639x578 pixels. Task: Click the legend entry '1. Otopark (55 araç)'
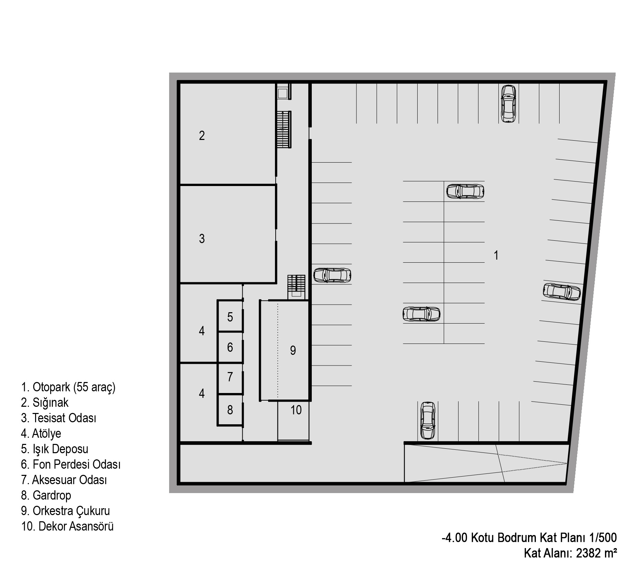pyautogui.click(x=68, y=387)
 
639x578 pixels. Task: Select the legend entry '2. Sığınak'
pyautogui.click(x=45, y=403)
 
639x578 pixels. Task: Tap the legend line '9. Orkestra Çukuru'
pyautogui.click(x=65, y=511)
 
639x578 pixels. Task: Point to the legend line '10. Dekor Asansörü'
pyautogui.click(x=67, y=526)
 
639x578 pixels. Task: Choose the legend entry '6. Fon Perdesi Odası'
pyautogui.click(x=71, y=465)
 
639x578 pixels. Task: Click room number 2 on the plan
pyautogui.click(x=202, y=136)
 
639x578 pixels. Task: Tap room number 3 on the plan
pyautogui.click(x=202, y=239)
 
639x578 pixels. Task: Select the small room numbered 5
pyautogui.click(x=230, y=317)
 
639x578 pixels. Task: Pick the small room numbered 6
pyautogui.click(x=230, y=347)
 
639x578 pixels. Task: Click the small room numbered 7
pyautogui.click(x=230, y=377)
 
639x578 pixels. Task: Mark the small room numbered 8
pyautogui.click(x=230, y=410)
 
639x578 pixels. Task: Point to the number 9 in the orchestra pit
pyautogui.click(x=293, y=350)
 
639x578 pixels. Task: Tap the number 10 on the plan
pyautogui.click(x=296, y=410)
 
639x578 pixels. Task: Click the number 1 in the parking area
pyautogui.click(x=496, y=255)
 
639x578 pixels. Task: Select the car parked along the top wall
pyautogui.click(x=508, y=103)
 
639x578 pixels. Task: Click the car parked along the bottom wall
pyautogui.click(x=428, y=421)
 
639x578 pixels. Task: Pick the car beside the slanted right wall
pyautogui.click(x=562, y=292)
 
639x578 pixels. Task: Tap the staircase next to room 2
pyautogui.click(x=284, y=129)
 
